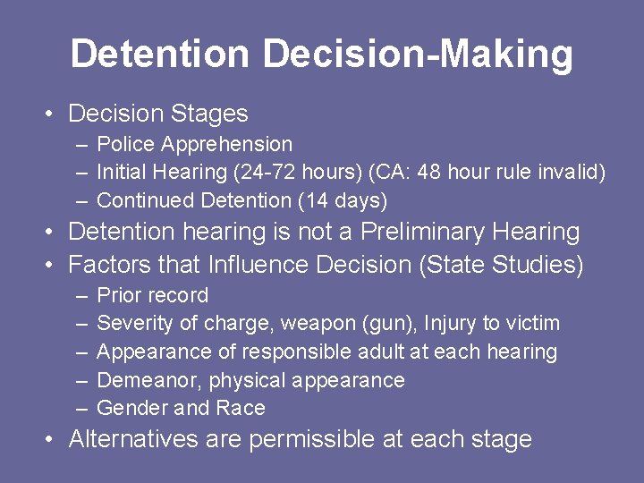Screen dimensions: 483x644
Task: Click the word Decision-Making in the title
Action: (x=418, y=54)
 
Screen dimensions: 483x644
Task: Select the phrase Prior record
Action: (x=152, y=295)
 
